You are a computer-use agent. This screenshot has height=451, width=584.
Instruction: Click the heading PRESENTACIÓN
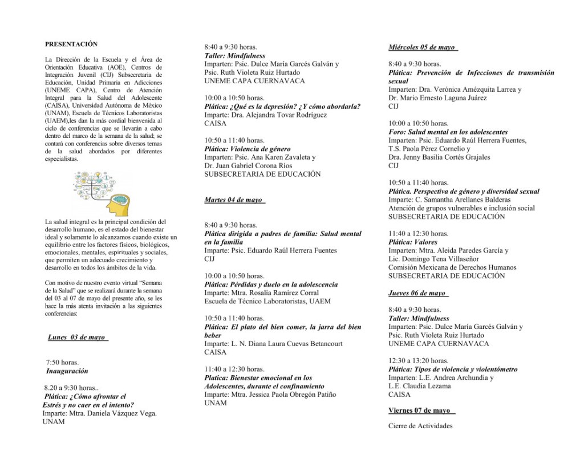(71, 44)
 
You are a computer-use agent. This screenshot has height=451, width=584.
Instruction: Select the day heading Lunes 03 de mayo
(77, 338)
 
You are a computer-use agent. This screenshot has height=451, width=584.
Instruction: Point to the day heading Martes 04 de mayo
(233, 200)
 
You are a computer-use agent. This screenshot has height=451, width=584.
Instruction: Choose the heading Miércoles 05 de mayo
(422, 47)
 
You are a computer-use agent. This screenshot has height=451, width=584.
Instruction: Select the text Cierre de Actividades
(420, 426)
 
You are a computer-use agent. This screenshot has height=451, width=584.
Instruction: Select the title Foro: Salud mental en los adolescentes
(448, 132)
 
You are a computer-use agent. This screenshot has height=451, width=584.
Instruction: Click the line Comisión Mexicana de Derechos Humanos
(452, 267)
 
